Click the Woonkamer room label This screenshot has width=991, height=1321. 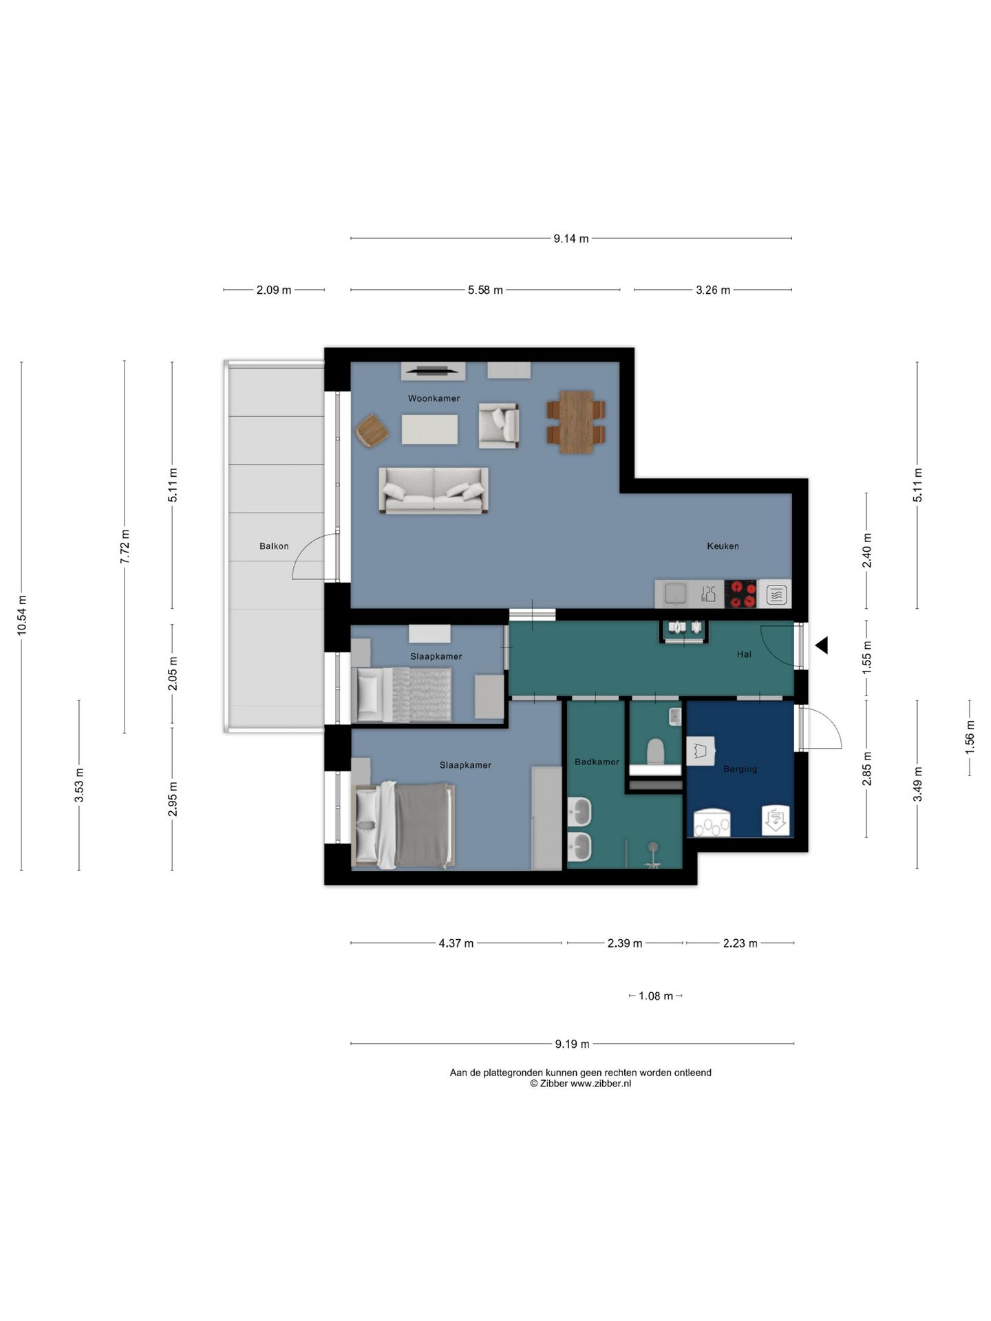coord(434,398)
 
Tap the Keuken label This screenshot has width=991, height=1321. coord(723,546)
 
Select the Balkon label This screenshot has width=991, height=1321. coord(274,546)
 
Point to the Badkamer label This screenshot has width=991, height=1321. coord(597,762)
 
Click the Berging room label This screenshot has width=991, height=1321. coord(740,769)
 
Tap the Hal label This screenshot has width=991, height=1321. coord(744,654)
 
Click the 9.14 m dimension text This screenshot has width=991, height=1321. coord(571,239)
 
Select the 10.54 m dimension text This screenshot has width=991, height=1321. coord(21,615)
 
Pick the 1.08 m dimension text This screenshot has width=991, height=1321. coord(656,996)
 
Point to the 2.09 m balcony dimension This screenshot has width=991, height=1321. coord(274,290)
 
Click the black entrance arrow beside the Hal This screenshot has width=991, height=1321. coord(821,645)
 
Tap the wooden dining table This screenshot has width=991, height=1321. coord(576,422)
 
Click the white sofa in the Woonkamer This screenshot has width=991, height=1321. coord(434,491)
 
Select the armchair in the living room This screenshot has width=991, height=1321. coord(499,426)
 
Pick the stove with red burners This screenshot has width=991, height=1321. coord(741,594)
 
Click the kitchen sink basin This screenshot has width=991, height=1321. coord(675,594)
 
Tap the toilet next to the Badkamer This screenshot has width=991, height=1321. coord(655,751)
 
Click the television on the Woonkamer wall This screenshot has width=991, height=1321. coord(433,372)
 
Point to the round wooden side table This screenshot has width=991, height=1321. coord(372,431)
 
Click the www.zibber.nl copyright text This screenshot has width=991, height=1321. coord(580,1084)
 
